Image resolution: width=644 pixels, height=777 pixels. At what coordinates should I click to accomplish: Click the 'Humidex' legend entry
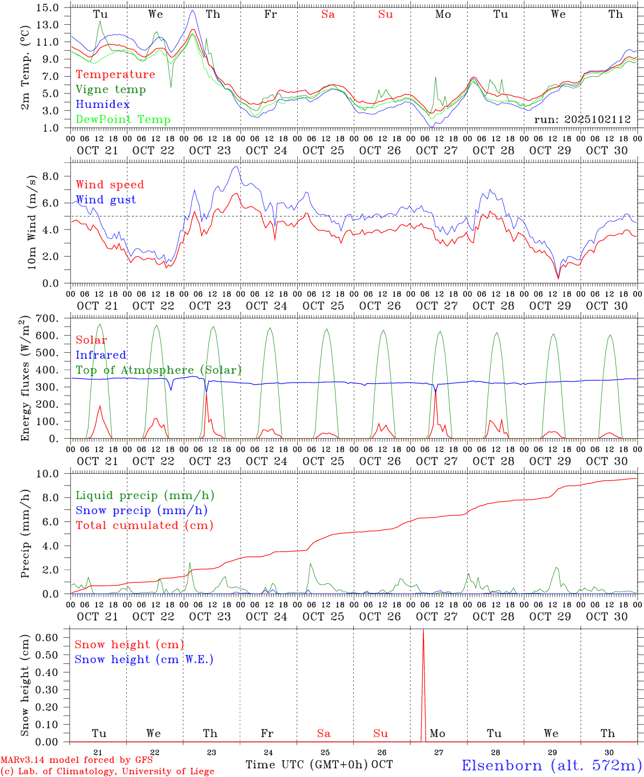point(102,105)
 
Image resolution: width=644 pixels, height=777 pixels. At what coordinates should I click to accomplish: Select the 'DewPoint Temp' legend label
point(123,120)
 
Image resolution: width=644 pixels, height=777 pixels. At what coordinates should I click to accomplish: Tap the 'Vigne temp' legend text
point(111,90)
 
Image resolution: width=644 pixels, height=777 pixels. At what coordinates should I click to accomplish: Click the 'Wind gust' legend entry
point(106,200)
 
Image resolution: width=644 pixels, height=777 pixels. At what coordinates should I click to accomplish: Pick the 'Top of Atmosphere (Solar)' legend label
point(159,370)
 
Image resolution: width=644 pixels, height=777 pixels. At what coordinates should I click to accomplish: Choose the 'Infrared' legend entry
point(101,355)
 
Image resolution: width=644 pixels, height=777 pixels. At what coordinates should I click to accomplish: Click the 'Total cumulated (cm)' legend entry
point(144,526)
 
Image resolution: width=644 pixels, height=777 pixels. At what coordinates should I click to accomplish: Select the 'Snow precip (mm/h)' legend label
point(141,510)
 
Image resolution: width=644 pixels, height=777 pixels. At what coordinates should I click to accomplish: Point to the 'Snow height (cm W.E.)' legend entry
point(144,659)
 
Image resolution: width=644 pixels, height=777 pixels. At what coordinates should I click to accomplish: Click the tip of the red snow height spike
point(423,630)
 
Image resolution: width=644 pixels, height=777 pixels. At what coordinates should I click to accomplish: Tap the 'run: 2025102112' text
point(583,120)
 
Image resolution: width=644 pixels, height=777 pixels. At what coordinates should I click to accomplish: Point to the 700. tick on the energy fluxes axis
point(47,319)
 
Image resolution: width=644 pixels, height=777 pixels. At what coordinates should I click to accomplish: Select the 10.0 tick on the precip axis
point(48,474)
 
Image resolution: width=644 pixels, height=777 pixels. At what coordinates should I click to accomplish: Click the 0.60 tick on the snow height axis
point(46,637)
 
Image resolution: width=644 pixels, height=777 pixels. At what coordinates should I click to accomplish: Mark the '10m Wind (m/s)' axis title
point(32,222)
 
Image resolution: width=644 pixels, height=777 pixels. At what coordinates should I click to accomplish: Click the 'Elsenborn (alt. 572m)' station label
point(551,765)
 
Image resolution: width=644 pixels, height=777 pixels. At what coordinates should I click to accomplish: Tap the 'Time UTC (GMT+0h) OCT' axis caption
point(319,765)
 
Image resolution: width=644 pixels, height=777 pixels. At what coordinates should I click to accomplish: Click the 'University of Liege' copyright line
point(107,772)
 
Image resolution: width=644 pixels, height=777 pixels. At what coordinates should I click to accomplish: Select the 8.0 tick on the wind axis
point(51,176)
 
